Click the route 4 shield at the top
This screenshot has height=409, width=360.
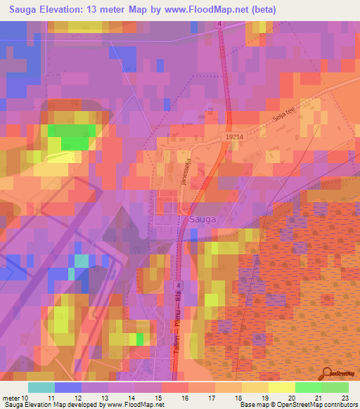pyautogui.click(x=219, y=24)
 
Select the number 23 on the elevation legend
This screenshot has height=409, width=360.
pyautogui.click(x=345, y=397)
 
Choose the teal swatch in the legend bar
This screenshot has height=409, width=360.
pyautogui.click(x=41, y=387)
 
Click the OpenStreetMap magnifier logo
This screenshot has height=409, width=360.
pyautogui.click(x=327, y=374)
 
